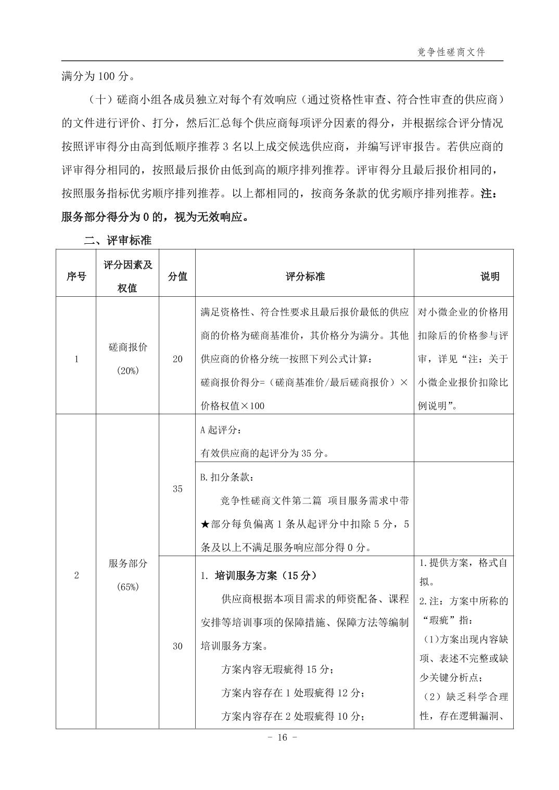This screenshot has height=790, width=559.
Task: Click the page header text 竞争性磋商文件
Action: coord(451,52)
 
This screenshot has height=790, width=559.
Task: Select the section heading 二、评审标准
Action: coord(118,241)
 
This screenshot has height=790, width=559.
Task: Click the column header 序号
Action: coord(76,276)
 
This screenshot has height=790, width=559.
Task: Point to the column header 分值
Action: coord(177,276)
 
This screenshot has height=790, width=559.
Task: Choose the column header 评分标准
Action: coord(305,276)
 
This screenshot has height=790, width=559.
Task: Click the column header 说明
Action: coord(489,276)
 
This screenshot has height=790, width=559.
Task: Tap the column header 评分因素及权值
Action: coord(128,276)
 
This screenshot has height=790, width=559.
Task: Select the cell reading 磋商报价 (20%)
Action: coord(128,358)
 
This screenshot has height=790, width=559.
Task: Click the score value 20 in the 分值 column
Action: coord(177,359)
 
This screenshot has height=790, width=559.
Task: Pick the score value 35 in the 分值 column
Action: coord(177,489)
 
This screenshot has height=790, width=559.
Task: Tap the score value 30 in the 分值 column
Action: coord(177,646)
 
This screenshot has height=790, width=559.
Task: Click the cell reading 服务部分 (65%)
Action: coord(128,575)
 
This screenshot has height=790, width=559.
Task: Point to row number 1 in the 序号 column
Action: coord(76,359)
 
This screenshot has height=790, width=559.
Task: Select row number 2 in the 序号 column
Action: coord(76,575)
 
